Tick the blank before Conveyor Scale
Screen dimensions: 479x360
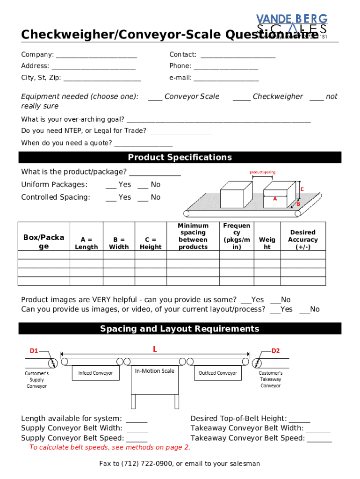pos(155,97)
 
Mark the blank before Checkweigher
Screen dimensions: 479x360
pos(241,97)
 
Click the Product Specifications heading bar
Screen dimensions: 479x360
pos(180,157)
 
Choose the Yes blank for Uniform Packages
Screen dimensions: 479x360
pos(111,185)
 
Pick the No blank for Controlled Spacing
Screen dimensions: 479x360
pos(143,198)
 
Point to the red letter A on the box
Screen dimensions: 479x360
pos(275,199)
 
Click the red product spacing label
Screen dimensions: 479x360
pos(262,172)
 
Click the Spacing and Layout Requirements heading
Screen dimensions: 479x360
pos(180,329)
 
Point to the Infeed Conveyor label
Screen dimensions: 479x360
pos(95,373)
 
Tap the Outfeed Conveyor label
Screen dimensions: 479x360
pos(217,373)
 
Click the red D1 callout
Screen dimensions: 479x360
pos(34,351)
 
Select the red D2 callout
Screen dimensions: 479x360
pos(276,351)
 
